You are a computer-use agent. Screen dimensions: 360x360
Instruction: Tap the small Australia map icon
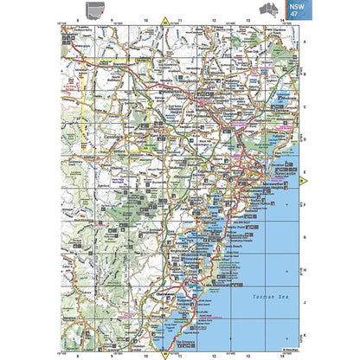tap(269, 10)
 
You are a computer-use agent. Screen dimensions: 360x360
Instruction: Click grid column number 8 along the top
tap(77, 20)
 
